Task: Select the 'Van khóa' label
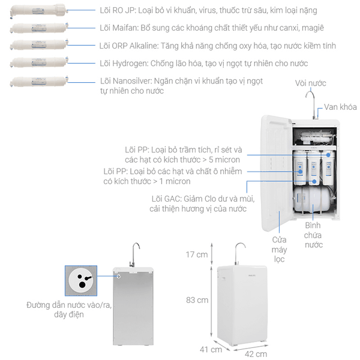coord(340,107)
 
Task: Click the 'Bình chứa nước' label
coord(313,235)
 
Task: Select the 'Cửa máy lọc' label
coord(279,249)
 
